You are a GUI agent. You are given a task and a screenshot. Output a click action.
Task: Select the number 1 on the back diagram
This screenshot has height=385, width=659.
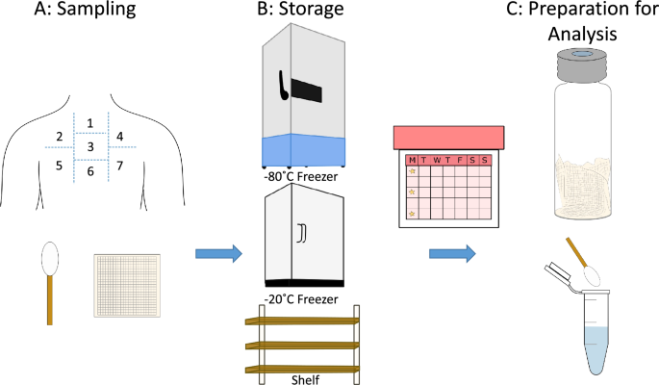(90, 123)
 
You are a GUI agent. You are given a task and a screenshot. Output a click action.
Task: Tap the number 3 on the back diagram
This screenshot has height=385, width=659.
(90, 147)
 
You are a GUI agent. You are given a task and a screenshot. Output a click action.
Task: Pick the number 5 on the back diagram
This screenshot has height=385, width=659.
(60, 166)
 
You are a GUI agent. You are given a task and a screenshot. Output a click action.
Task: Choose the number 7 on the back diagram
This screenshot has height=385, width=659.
(119, 166)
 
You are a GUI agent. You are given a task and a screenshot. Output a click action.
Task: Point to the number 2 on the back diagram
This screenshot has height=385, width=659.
(60, 137)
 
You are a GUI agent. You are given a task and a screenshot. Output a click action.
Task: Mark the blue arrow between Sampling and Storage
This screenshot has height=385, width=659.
(215, 254)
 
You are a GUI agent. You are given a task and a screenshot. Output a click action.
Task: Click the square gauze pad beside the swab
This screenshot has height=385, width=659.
(128, 286)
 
